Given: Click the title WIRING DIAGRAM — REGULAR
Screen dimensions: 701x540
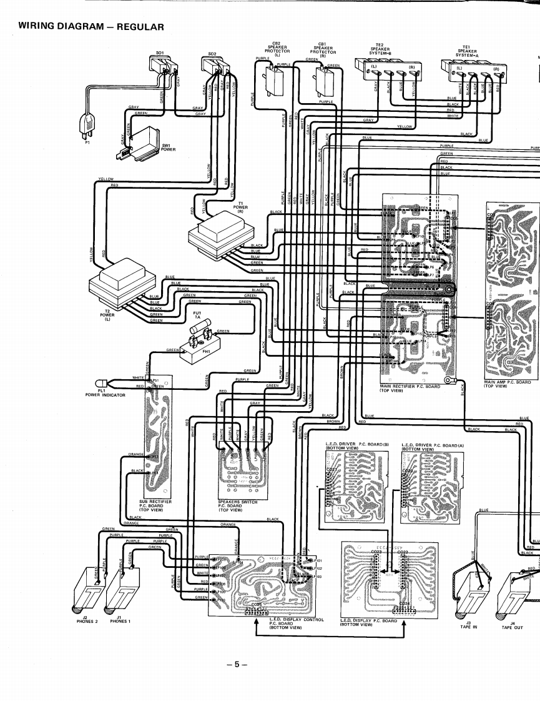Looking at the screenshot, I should [91, 26].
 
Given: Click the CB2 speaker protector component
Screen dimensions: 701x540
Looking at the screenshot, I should [273, 78].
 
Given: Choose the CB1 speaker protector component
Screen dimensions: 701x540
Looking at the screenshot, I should [323, 78].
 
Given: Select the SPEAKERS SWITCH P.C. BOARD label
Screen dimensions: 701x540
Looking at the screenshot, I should [237, 504].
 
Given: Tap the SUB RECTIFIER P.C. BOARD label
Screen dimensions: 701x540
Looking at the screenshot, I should [155, 504].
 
